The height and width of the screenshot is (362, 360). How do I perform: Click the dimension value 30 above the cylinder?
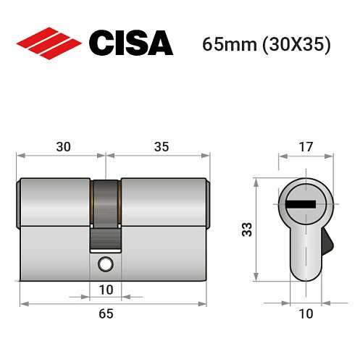tap(63, 147)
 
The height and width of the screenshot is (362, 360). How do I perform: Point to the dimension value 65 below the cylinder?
tap(106, 313)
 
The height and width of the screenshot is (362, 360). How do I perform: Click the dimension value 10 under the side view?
tap(106, 290)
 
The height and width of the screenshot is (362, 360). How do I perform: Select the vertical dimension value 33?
tap(246, 230)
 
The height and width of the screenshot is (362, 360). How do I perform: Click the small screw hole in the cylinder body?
tap(106, 263)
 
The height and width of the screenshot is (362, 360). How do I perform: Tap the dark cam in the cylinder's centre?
tap(106, 201)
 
